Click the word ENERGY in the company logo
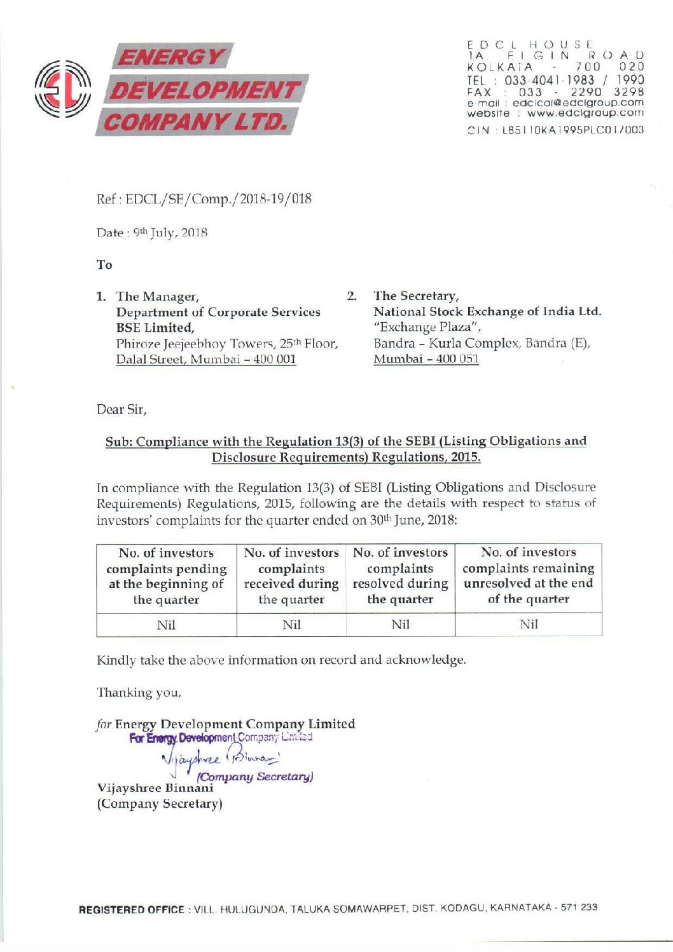(x=170, y=58)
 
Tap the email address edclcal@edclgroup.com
(x=578, y=103)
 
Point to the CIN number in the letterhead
(x=555, y=130)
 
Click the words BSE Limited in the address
(x=155, y=328)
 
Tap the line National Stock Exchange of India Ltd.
(x=487, y=312)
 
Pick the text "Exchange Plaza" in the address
(x=427, y=327)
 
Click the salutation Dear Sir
(x=121, y=409)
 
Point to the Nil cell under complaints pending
(x=166, y=625)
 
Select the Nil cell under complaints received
(x=291, y=625)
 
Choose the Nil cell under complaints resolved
(x=400, y=625)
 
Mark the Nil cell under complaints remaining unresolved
(x=529, y=624)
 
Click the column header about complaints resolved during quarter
(x=400, y=576)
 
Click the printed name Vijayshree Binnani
(x=155, y=788)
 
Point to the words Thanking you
(x=139, y=692)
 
